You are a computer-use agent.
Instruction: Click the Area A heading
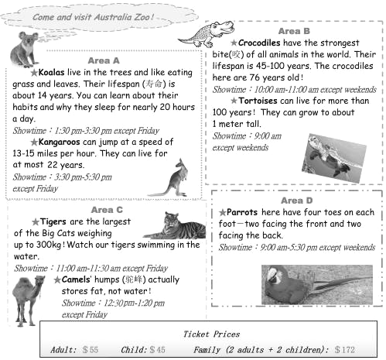104,60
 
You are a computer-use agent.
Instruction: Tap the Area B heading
294,31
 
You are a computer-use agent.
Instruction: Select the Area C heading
107,210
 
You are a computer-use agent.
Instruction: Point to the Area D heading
297,201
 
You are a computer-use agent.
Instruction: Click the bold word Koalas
51,72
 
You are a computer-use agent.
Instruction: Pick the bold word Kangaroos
60,142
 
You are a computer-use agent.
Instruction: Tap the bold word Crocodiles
259,43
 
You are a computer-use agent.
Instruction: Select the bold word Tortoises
258,101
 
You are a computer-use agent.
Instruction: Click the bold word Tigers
53,221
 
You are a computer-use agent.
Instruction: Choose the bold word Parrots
242,212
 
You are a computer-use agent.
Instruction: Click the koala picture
24,49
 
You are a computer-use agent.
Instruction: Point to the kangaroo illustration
171,179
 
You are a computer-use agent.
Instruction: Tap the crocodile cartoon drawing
207,34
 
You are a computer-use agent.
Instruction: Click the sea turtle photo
334,158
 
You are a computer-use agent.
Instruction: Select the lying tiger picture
175,225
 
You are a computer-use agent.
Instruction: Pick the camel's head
39,280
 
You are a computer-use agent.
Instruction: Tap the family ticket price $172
345,350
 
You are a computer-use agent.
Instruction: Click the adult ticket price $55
91,350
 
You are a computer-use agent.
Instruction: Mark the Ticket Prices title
211,334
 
